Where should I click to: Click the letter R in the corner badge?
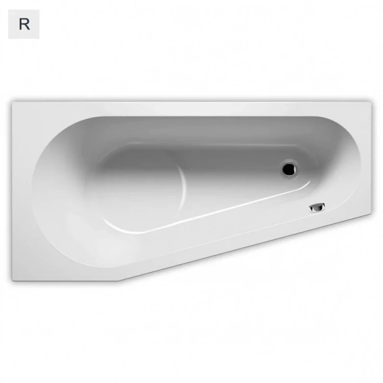pos(24,24)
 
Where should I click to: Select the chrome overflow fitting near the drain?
pos(318,207)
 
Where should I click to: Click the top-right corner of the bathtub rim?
pos(371,100)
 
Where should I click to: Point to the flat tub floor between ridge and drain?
pos(237,176)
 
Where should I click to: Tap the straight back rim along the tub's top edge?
pos(192,107)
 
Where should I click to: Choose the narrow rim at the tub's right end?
pos(365,160)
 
